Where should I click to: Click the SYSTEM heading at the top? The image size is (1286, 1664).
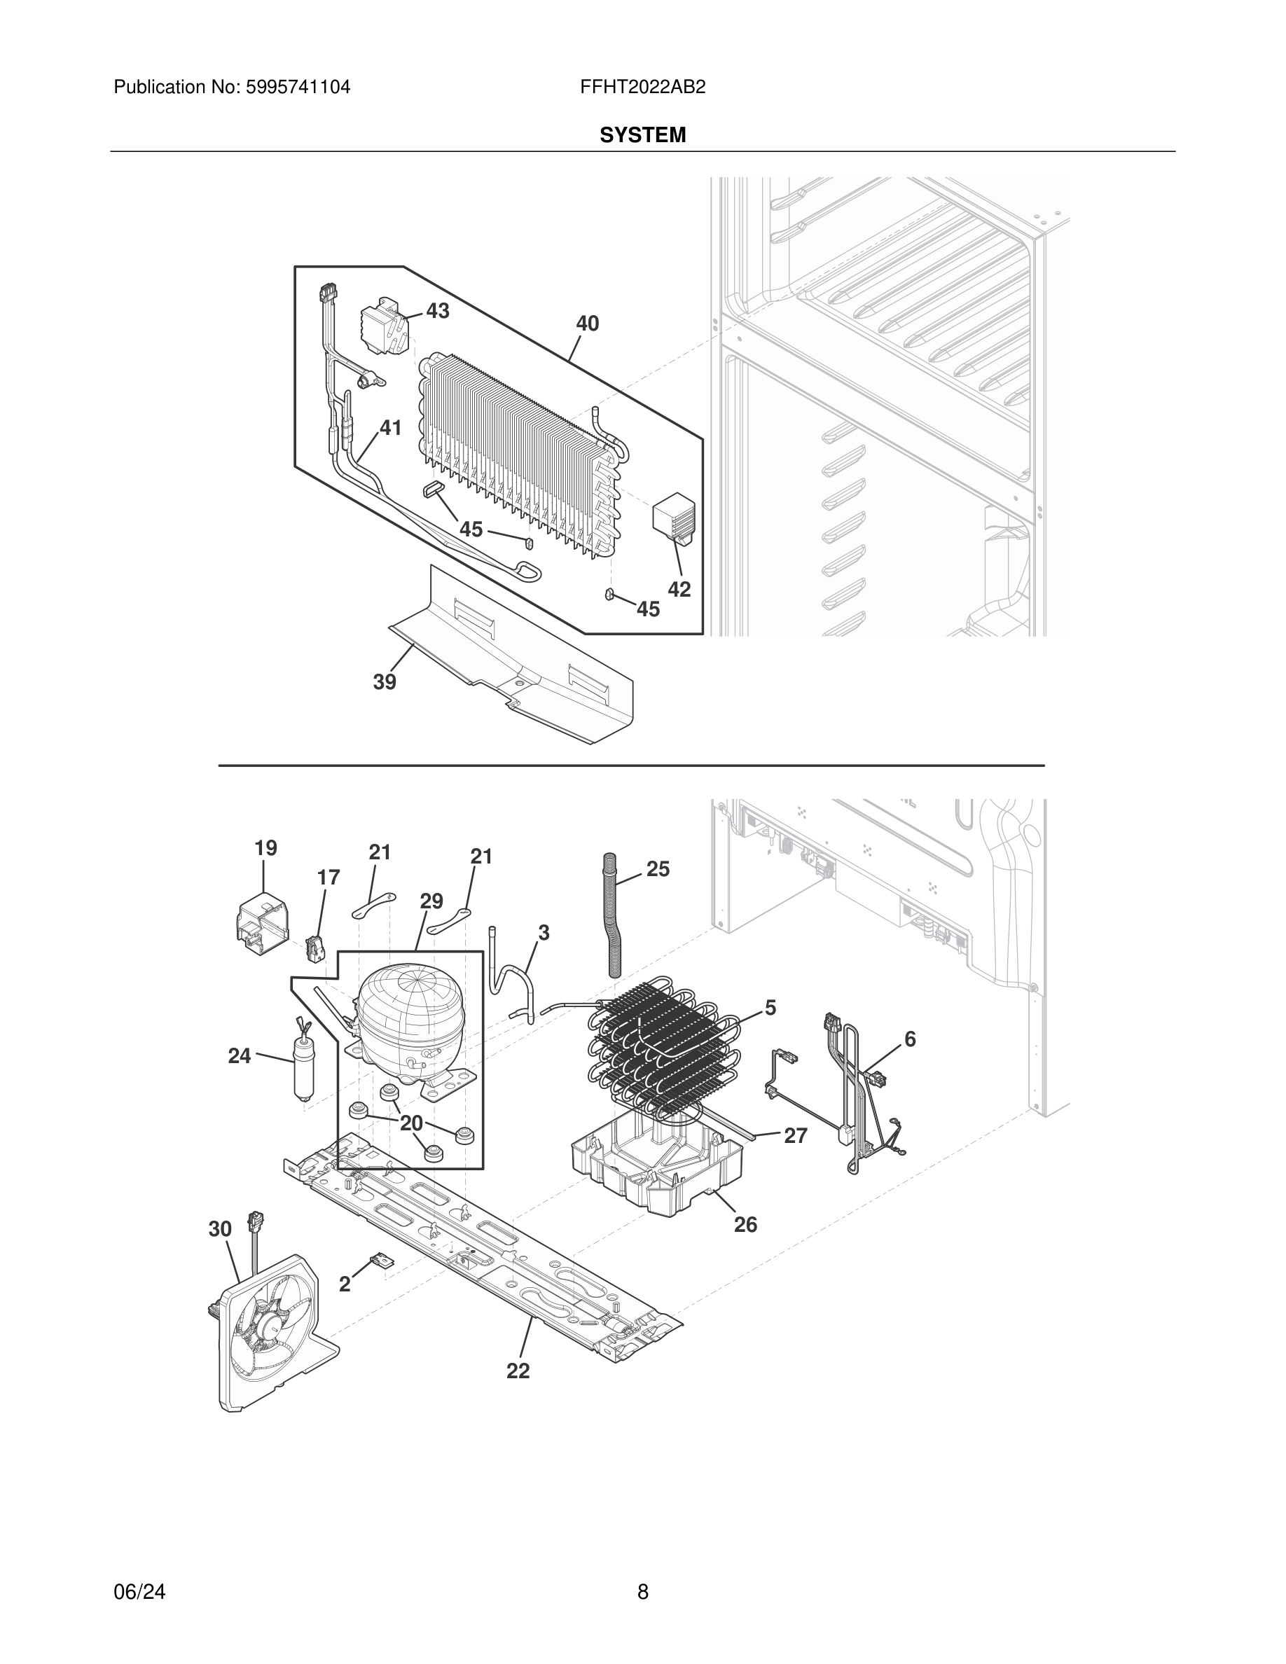tap(642, 136)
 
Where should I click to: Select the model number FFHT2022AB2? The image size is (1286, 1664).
tap(642, 88)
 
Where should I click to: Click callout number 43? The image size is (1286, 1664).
tap(437, 311)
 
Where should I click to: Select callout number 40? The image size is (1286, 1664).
tap(587, 324)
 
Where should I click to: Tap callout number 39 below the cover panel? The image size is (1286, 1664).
tap(384, 682)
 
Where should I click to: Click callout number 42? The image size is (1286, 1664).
tap(679, 589)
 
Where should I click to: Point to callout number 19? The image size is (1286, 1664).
tap(265, 848)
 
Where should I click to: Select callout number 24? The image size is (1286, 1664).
tap(240, 1055)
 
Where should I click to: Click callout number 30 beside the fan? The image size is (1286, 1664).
tap(220, 1229)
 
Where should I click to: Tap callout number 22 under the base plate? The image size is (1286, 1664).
tap(518, 1371)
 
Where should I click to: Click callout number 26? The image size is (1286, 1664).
tap(745, 1224)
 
